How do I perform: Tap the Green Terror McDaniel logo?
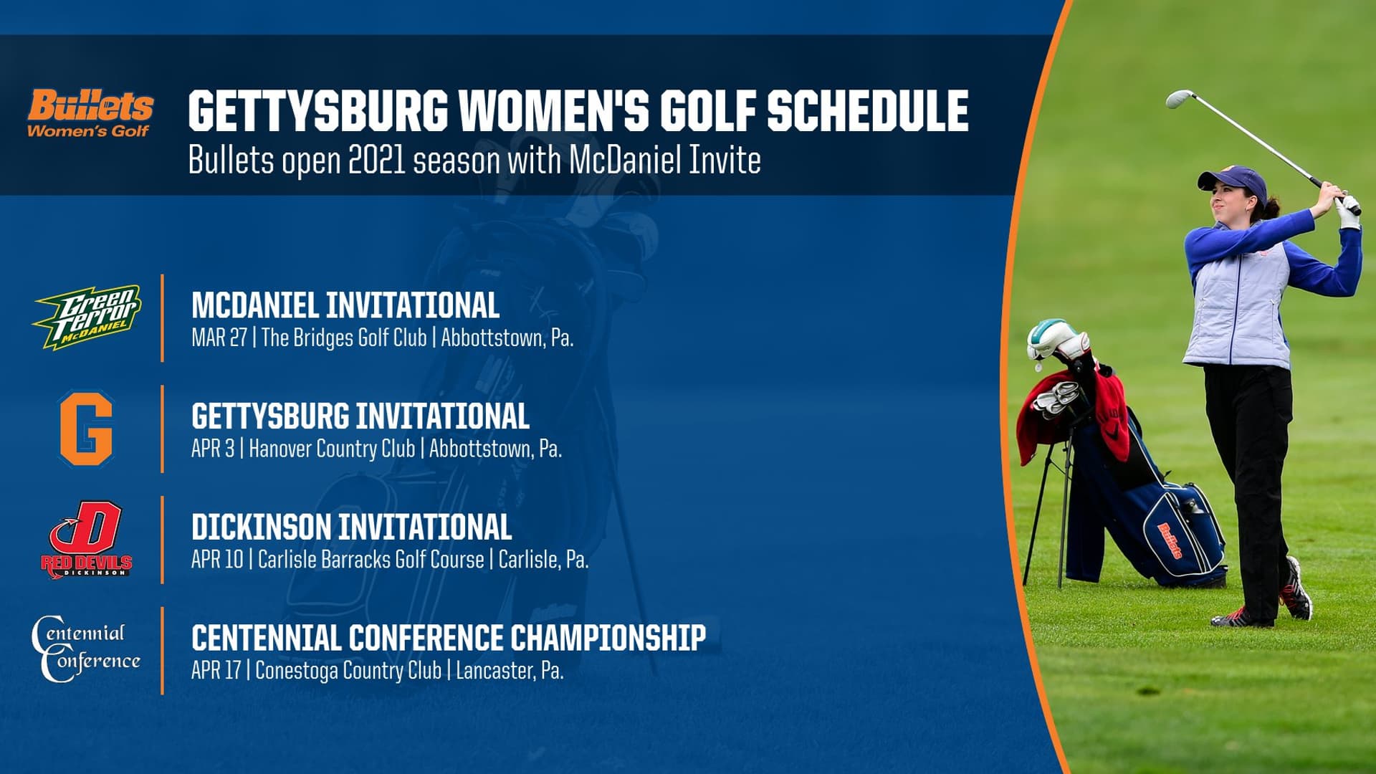pyautogui.click(x=87, y=317)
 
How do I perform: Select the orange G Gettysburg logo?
pyautogui.click(x=86, y=428)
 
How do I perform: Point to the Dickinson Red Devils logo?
pyautogui.click(x=87, y=539)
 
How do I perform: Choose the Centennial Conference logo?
pyautogui.click(x=86, y=649)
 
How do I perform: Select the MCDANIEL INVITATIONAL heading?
pyautogui.click(x=345, y=305)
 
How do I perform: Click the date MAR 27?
pyautogui.click(x=219, y=338)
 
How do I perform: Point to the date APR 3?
pyautogui.click(x=212, y=449)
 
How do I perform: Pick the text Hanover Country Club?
pyautogui.click(x=332, y=449)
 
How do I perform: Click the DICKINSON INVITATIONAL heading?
pyautogui.click(x=351, y=527)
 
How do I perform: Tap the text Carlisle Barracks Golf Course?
pyautogui.click(x=371, y=560)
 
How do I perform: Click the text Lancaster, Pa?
pyautogui.click(x=510, y=671)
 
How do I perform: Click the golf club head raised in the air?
pyautogui.click(x=1179, y=99)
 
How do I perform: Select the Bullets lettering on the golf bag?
pyautogui.click(x=1170, y=540)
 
